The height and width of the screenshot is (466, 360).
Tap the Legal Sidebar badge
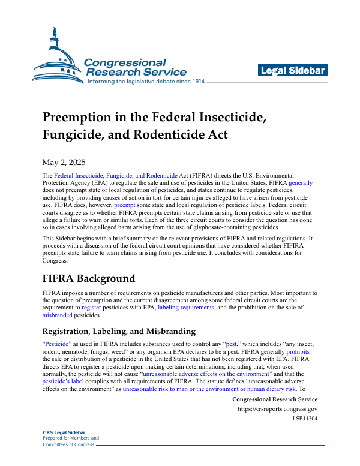(x=293, y=71)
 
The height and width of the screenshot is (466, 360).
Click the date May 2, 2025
(x=64, y=163)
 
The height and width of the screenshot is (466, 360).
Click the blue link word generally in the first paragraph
(x=301, y=181)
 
